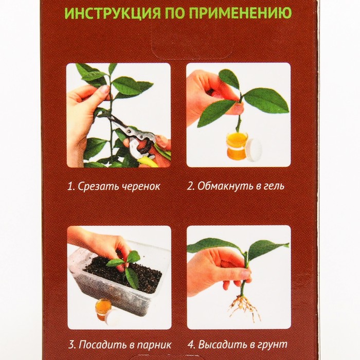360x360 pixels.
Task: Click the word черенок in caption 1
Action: tap(140, 186)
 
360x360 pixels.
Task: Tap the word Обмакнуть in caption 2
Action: tap(225, 186)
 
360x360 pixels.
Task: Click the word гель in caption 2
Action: tap(275, 186)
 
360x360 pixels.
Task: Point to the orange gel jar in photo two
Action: tap(237, 145)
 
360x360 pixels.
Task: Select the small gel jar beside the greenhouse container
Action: tap(103, 310)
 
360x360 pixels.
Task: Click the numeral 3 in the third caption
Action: tap(71, 345)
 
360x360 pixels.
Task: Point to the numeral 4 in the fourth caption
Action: tap(191, 345)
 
